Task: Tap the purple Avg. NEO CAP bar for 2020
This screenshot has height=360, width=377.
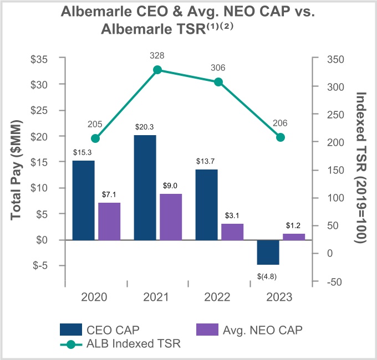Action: [x=110, y=221]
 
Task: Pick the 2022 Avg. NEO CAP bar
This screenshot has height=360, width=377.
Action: [x=232, y=232]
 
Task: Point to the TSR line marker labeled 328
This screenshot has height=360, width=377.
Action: [x=157, y=70]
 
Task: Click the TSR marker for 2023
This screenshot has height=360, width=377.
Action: [x=281, y=137]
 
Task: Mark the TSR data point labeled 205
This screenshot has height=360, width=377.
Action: [x=95, y=138]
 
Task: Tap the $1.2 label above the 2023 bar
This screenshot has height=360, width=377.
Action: [x=293, y=225]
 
